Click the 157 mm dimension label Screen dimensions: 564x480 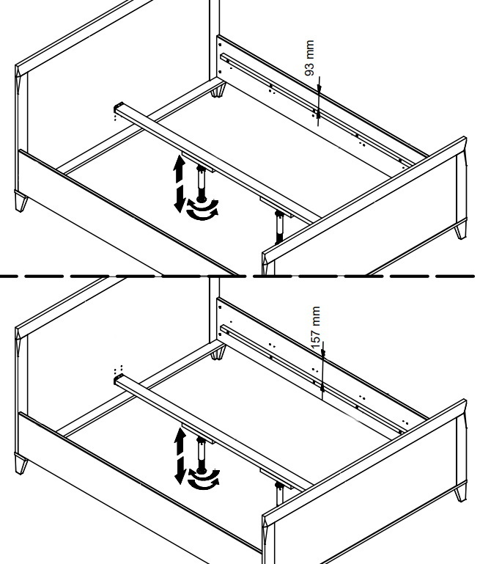tap(316, 329)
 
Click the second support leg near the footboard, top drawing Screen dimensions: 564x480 tap(279, 227)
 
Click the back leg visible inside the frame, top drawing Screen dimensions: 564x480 tap(218, 91)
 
